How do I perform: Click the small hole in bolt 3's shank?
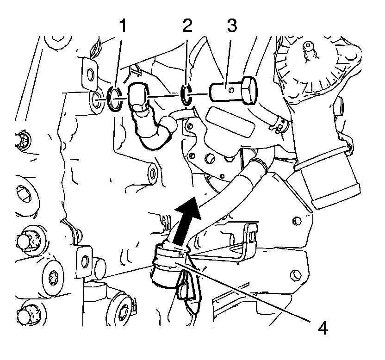click(228, 86)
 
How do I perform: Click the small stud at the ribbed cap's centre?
click(307, 47)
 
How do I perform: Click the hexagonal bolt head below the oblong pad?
click(209, 160)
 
